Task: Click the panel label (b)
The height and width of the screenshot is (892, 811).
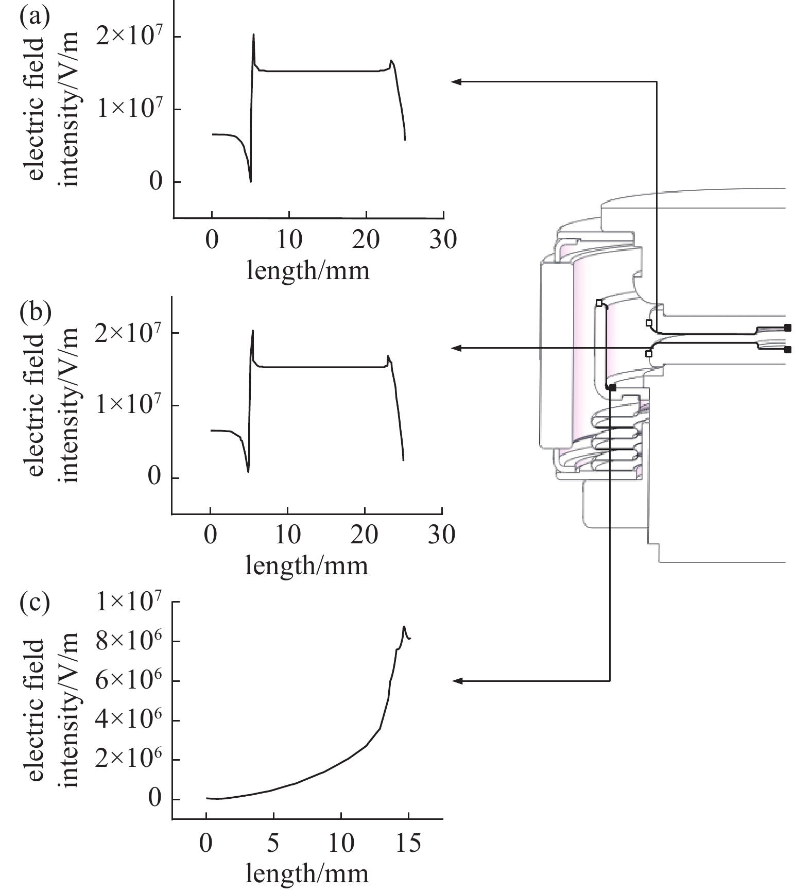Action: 35,312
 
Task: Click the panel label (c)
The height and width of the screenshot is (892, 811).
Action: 34,604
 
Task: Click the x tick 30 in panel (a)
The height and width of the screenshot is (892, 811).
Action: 443,240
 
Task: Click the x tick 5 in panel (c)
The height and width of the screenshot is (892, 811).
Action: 273,844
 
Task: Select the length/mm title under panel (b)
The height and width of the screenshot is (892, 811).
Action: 307,565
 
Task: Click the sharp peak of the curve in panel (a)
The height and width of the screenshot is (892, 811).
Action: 253,35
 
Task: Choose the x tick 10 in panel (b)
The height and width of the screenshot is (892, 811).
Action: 287,536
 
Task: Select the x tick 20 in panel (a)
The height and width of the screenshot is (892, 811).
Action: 366,240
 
